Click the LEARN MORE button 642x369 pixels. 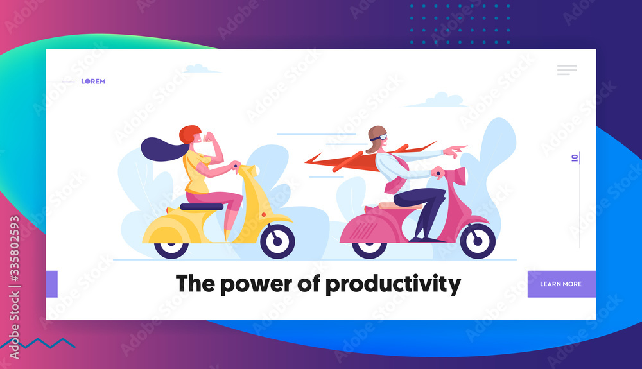(x=561, y=284)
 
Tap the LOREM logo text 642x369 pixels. (x=93, y=82)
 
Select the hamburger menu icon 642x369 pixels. (x=567, y=70)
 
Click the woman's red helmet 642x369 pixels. (x=189, y=133)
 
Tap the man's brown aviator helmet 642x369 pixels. (x=376, y=137)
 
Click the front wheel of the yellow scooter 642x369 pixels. (x=277, y=241)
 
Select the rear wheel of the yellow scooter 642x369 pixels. (x=171, y=248)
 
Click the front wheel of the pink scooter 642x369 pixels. (x=478, y=241)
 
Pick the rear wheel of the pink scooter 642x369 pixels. (x=369, y=249)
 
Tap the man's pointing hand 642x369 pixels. (x=455, y=151)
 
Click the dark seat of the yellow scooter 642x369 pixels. (x=202, y=207)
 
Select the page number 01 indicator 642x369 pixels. (x=575, y=157)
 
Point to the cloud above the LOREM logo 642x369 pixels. (x=200, y=68)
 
